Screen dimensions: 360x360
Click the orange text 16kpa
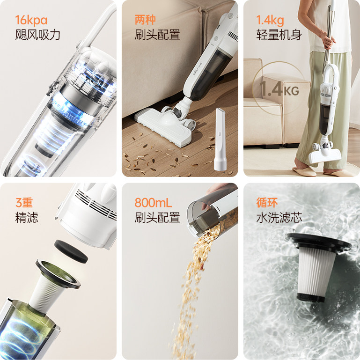click(31, 20)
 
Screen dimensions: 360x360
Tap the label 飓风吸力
click(37, 35)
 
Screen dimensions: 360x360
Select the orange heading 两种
click(145, 20)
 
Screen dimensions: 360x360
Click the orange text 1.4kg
click(270, 20)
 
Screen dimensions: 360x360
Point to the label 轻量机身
click(279, 35)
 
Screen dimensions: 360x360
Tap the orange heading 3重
click(24, 203)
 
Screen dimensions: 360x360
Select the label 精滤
click(27, 218)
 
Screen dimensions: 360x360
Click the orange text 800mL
click(153, 203)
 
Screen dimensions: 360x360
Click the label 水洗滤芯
click(279, 218)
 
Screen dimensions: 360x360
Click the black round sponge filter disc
click(71, 251)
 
